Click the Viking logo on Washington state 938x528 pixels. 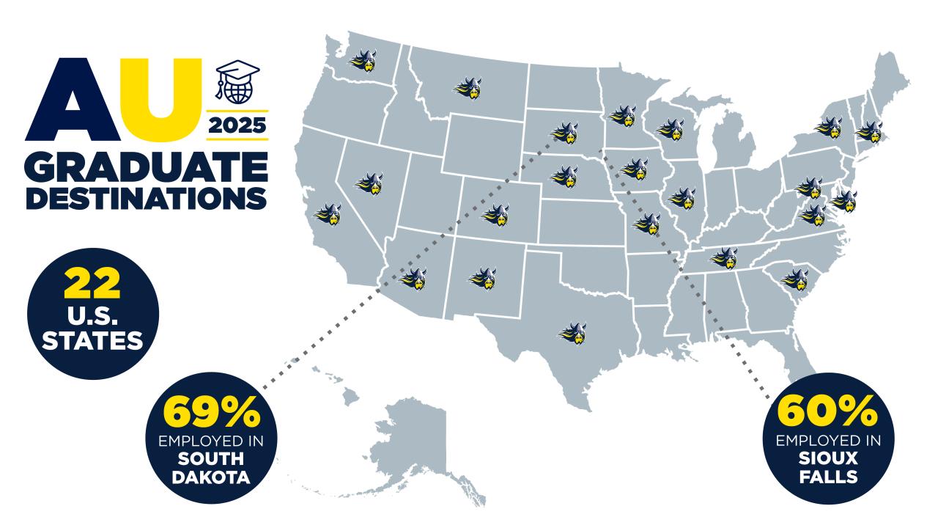tap(363, 61)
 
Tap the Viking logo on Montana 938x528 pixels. tap(468, 89)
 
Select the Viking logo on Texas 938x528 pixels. tap(573, 333)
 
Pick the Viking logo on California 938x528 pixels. tap(328, 215)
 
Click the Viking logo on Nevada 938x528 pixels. tap(370, 183)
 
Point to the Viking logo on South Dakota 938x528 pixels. tap(565, 133)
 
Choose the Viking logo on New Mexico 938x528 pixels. tap(483, 276)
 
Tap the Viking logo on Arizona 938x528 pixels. tap(413, 277)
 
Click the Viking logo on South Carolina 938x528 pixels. tap(795, 279)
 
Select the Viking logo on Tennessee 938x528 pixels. tap(724, 257)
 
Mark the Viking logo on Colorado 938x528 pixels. tap(496, 215)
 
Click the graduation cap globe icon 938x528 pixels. tap(237, 82)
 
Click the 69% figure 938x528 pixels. tap(212, 414)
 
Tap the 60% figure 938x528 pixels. tap(828, 413)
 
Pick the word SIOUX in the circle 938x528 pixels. tap(828, 461)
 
